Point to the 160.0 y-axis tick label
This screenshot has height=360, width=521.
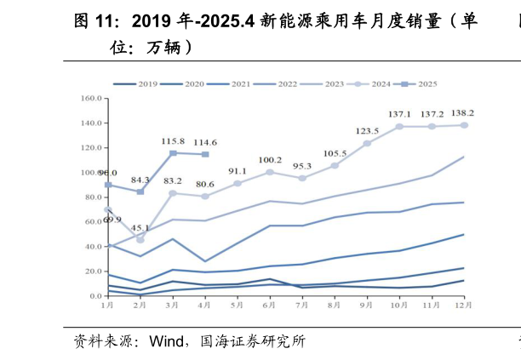coord(91,99)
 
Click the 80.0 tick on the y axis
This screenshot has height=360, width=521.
coord(93,197)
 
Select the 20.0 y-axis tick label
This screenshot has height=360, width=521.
coord(93,271)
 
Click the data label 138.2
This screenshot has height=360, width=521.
coord(461,113)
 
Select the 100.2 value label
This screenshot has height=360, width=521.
coord(270,160)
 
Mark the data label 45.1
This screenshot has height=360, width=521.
coord(141,228)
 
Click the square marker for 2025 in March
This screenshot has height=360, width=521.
coord(173,153)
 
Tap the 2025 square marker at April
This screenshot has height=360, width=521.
coord(205,154)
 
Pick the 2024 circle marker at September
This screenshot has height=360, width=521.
coord(367,143)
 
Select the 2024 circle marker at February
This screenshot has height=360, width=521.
coord(140,240)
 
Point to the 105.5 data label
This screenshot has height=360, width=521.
coord(335,153)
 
